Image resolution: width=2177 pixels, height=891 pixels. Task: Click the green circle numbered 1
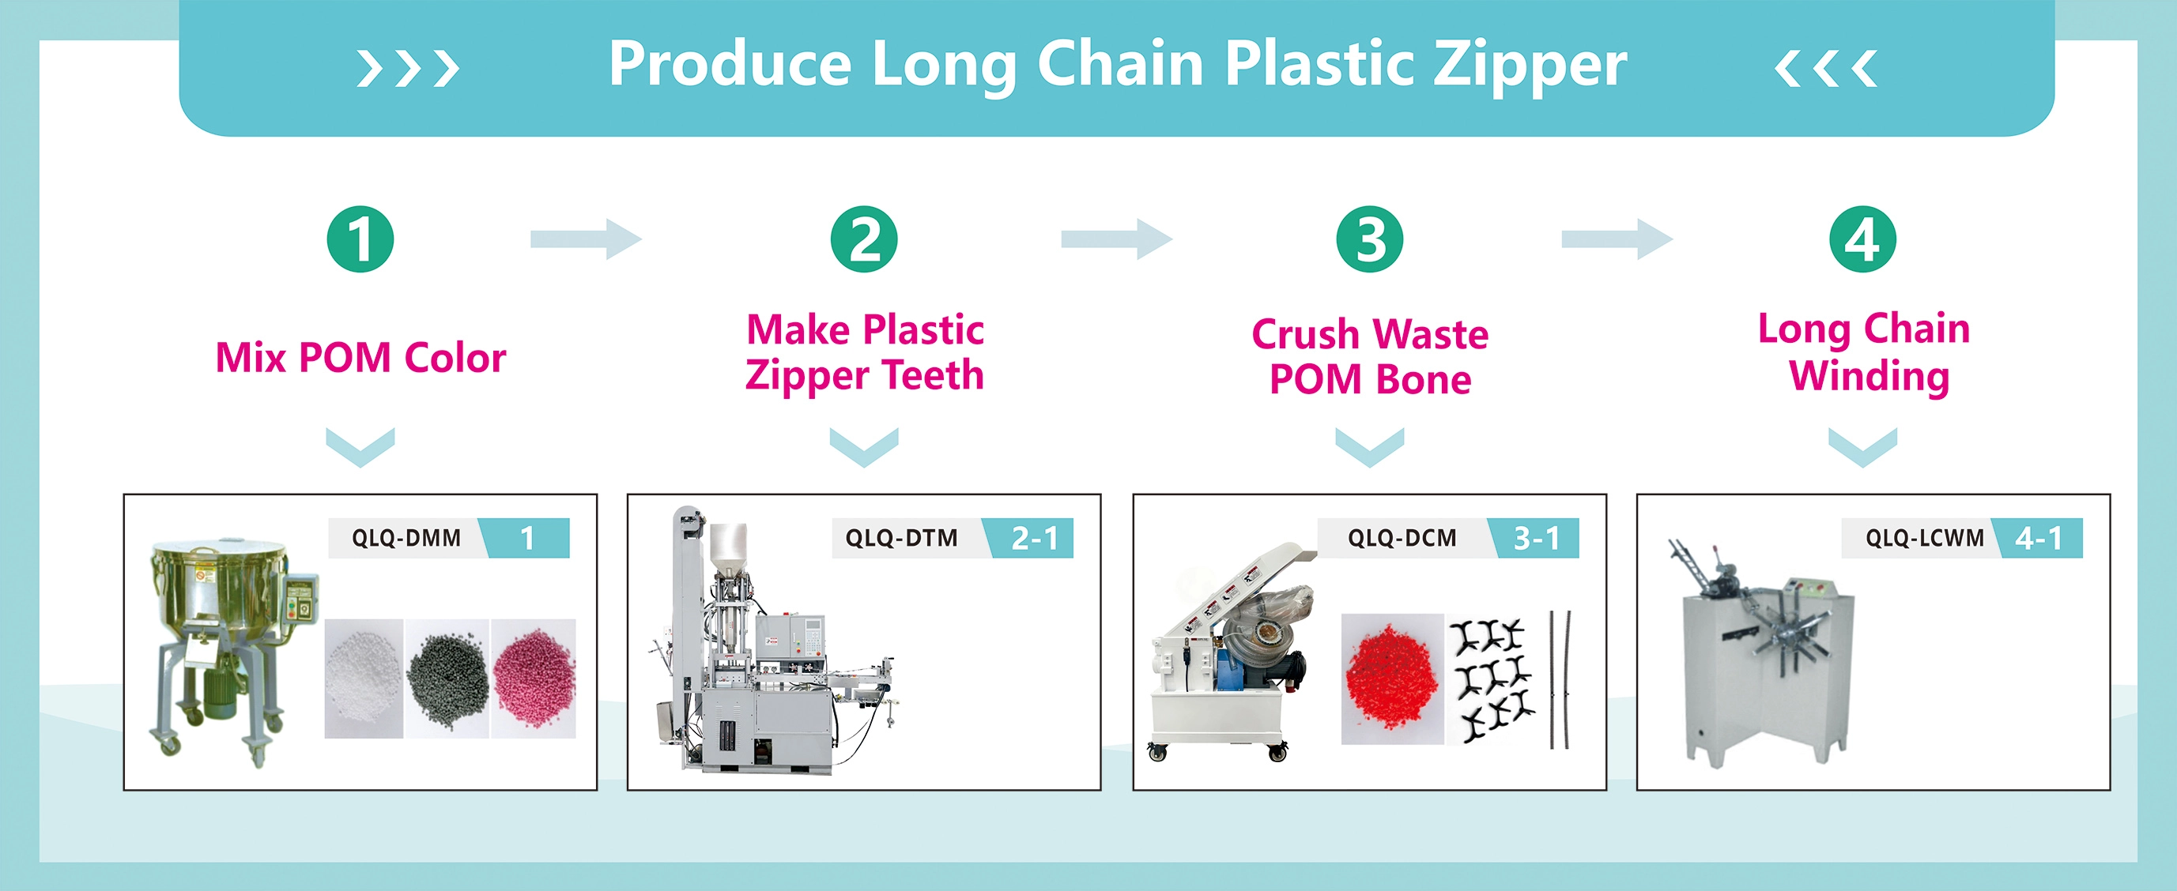click(360, 239)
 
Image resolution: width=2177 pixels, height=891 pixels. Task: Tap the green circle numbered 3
click(1369, 239)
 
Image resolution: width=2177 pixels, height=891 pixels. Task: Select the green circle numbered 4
click(1862, 239)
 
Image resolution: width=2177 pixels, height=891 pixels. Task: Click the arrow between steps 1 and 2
click(586, 239)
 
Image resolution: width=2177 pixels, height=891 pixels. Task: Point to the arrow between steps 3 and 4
click(1617, 239)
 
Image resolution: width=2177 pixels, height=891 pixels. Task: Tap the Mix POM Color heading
click(361, 357)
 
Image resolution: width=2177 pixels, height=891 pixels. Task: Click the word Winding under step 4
click(1870, 376)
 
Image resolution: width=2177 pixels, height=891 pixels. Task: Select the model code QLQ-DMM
click(406, 538)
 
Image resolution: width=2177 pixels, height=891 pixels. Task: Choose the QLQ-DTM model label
click(902, 538)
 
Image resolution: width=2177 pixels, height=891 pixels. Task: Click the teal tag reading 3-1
click(1534, 538)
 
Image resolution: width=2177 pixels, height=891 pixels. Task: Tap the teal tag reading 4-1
click(2039, 538)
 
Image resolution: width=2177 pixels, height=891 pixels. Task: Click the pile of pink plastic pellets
click(534, 679)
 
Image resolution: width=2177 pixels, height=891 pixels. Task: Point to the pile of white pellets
click(364, 679)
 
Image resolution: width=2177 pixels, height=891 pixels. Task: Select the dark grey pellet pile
click(448, 679)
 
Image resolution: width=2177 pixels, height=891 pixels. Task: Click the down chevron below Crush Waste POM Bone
click(1369, 447)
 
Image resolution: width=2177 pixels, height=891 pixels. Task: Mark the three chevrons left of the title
click(409, 69)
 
